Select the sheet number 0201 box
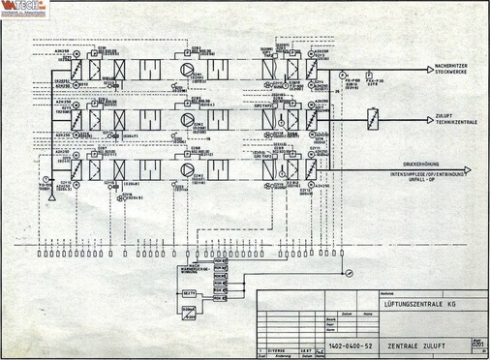pyautogui.click(x=475, y=344)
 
